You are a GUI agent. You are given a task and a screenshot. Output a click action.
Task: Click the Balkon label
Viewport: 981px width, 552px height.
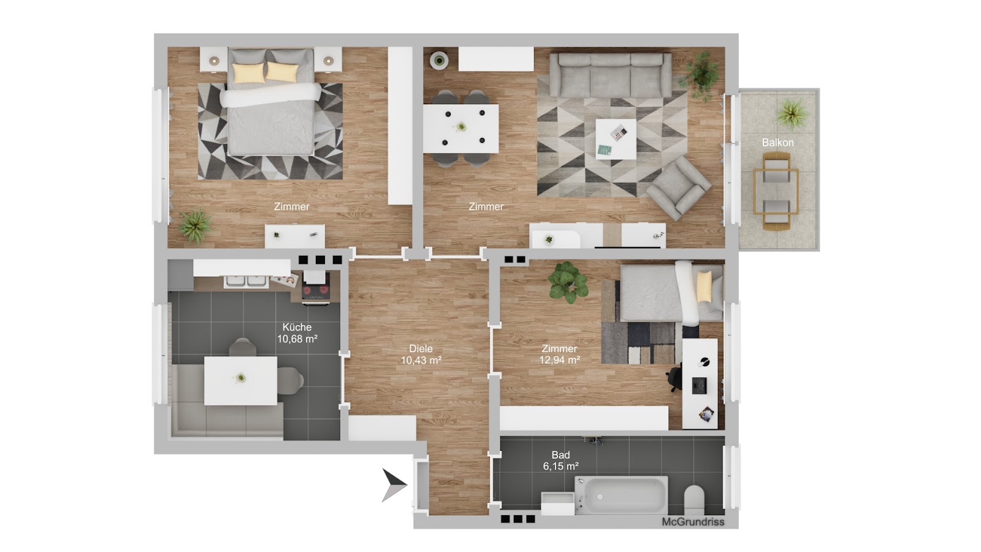[x=777, y=142]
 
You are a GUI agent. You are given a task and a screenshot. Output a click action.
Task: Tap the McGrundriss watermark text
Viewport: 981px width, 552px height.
[x=693, y=522]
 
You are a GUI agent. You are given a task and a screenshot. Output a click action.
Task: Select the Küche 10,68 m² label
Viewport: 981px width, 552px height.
[x=297, y=333]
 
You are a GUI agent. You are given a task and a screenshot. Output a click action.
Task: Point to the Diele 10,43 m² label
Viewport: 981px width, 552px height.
[x=421, y=355]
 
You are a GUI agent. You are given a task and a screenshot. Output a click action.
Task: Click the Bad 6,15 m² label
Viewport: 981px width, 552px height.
[x=560, y=461]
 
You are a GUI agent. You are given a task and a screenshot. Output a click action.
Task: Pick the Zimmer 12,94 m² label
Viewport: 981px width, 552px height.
[x=560, y=355]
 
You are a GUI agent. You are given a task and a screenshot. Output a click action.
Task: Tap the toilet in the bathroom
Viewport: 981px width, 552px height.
[x=694, y=500]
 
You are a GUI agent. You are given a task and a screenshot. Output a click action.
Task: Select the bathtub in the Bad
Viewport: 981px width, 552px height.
[x=621, y=495]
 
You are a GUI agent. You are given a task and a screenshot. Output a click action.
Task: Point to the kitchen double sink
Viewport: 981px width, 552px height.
[x=246, y=282]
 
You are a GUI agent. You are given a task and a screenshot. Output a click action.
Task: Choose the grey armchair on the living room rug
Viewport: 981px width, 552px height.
[x=678, y=188]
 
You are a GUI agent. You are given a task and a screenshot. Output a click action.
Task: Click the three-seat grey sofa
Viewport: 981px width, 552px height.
[x=610, y=75]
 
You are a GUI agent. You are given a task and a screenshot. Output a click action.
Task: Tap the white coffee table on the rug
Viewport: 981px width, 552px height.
[x=616, y=139]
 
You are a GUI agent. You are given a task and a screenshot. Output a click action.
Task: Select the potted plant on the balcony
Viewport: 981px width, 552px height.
[x=792, y=113]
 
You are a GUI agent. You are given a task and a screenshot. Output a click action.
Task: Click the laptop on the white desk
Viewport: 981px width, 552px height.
[x=699, y=385]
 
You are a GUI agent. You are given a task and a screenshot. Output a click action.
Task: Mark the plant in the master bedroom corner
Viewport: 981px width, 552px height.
[x=196, y=225]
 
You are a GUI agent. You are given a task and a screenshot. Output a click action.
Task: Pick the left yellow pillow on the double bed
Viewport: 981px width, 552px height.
[x=249, y=72]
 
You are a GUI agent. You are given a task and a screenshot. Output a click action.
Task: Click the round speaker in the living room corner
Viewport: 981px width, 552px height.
[x=439, y=61]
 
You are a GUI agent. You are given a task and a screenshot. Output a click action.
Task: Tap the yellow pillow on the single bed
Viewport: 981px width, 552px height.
[x=704, y=286]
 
